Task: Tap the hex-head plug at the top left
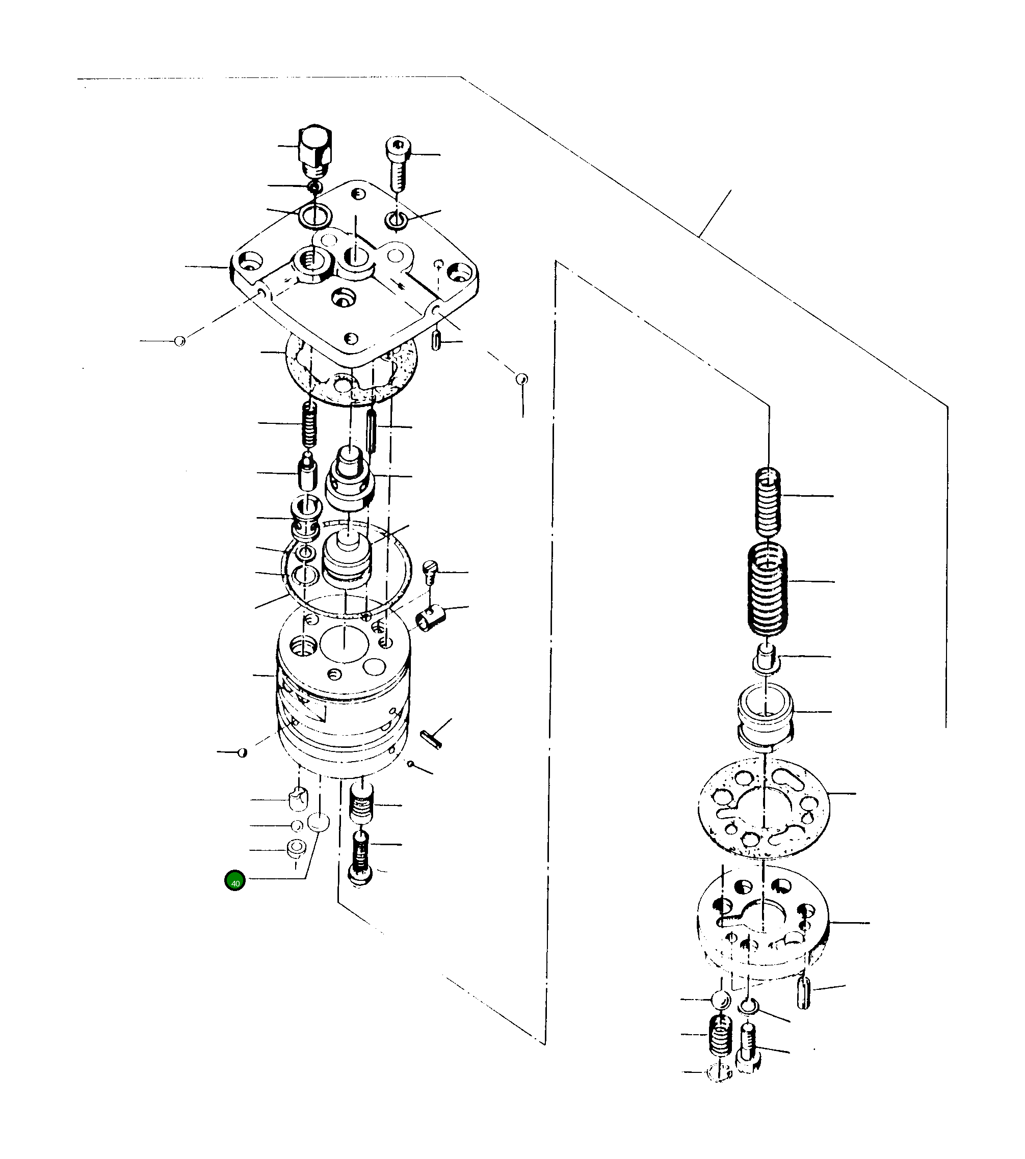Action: coord(315,150)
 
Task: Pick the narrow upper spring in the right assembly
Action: coord(767,502)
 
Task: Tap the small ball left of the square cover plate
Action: coord(180,341)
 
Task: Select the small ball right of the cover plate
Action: coord(522,378)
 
